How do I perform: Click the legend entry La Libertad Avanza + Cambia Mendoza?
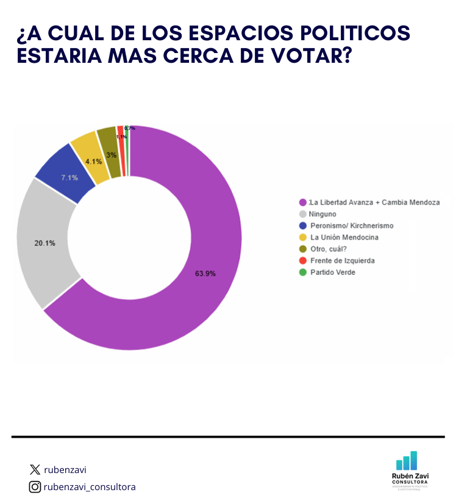pyautogui.click(x=374, y=202)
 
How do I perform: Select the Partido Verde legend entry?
pyautogui.click(x=332, y=272)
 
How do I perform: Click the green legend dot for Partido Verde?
pyautogui.click(x=302, y=272)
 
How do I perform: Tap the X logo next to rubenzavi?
pyautogui.click(x=35, y=469)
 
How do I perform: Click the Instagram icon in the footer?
pyautogui.click(x=35, y=486)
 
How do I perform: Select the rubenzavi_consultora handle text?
pyautogui.click(x=90, y=486)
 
